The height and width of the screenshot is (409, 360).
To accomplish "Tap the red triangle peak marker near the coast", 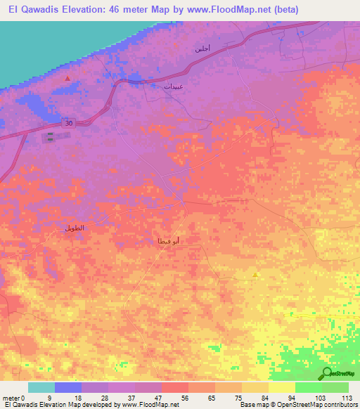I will [x=67, y=78].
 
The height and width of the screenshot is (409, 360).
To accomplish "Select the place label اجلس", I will [x=202, y=49].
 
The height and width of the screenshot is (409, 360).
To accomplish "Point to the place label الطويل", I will [x=74, y=228].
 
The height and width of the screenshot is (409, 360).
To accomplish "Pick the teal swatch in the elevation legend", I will [x=41, y=387].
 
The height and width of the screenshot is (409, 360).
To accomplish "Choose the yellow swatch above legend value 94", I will [x=282, y=387].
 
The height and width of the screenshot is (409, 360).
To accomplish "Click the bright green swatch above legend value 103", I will [x=309, y=387].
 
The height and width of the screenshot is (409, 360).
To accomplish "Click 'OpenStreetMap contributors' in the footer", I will [x=309, y=405].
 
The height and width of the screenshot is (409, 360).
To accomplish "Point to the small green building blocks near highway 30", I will [x=53, y=138].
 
